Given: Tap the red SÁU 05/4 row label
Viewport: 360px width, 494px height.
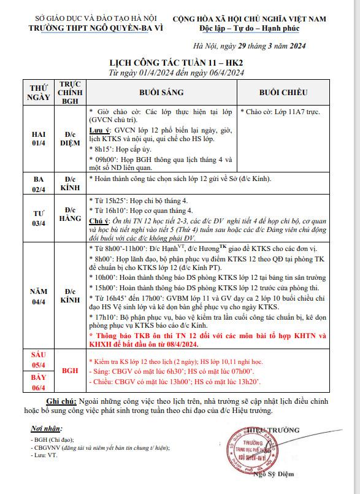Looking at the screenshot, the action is click(x=37, y=359).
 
